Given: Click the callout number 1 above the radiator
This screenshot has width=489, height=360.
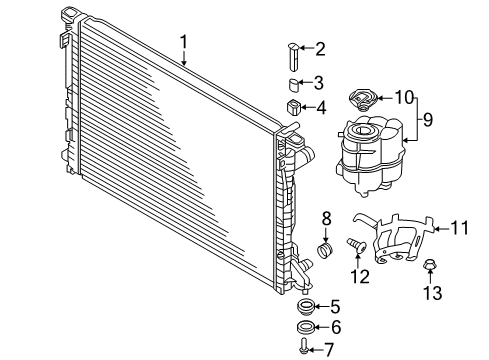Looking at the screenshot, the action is (184, 43).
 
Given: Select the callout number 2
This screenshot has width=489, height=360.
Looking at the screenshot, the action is (320, 49).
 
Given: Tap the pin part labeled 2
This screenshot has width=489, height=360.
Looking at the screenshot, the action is (294, 56).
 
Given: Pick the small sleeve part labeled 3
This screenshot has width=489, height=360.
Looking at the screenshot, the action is (294, 85).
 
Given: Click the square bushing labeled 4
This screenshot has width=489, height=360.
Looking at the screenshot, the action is (294, 107).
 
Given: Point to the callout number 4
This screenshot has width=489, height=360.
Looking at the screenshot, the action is (321, 107).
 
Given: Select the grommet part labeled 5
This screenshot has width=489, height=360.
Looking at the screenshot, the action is (305, 306).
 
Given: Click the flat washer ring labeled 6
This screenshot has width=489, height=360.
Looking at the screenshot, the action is (305, 327).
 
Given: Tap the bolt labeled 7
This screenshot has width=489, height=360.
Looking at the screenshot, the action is (304, 346).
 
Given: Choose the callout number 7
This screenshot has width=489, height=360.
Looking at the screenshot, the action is (329, 349).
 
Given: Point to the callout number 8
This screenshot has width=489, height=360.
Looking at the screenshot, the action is (326, 219).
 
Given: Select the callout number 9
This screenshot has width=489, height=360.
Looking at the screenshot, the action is (428, 119).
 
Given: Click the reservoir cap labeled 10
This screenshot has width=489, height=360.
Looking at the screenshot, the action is (363, 100).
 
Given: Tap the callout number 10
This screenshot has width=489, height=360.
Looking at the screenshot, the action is (404, 97).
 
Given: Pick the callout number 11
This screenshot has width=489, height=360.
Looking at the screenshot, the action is (460, 228).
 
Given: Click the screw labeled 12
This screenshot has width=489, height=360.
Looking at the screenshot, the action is (357, 246).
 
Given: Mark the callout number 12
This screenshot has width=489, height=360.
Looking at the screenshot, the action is (360, 276).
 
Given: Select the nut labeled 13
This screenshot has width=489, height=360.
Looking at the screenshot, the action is (429, 265).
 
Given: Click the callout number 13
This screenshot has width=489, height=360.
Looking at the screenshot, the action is (433, 293).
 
